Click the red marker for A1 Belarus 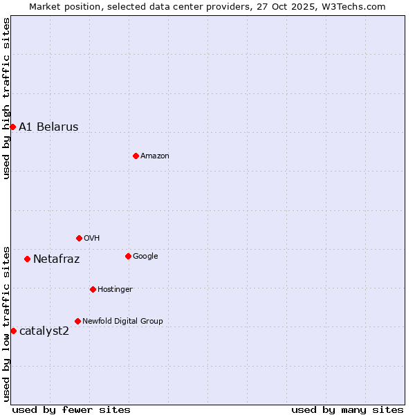point(12,127)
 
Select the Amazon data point point(136,156)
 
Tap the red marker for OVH point(79,238)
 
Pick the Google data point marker point(128,256)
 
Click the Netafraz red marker point(27,259)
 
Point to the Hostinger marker point(93,289)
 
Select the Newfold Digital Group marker point(77,321)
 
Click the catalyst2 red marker point(13,331)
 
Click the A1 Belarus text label point(48,127)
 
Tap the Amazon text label point(155,156)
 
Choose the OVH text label point(92,239)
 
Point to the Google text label point(145,257)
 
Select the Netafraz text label point(56,259)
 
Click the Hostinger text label point(115,290)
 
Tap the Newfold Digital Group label point(122,322)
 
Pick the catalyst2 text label point(44,331)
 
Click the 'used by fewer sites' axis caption point(71,409)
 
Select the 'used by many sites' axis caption point(347,409)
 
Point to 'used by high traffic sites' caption point(7,98)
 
